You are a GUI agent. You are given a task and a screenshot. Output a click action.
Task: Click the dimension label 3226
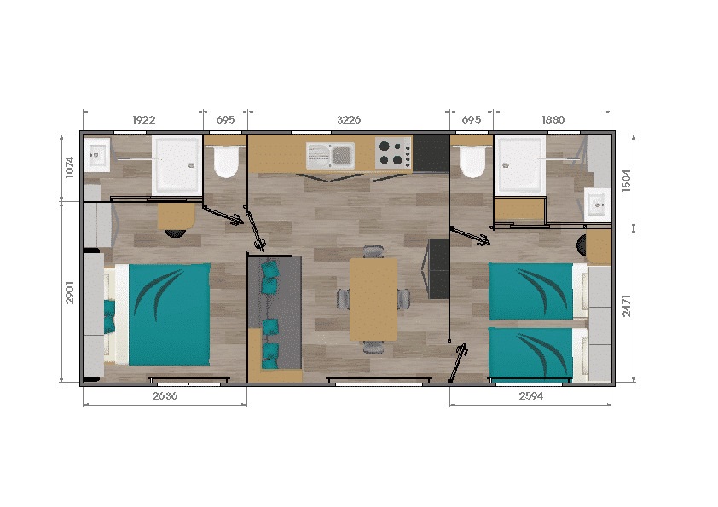pyautogui.click(x=348, y=120)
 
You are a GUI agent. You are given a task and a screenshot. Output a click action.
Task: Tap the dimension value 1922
pyautogui.click(x=142, y=120)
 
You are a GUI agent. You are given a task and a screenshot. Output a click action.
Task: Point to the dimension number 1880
pyautogui.click(x=553, y=120)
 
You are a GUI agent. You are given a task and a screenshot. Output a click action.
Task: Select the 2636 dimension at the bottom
pyautogui.click(x=164, y=395)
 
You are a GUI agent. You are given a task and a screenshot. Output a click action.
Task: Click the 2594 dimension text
pyautogui.click(x=530, y=395)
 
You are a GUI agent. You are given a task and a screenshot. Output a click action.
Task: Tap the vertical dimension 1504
pyautogui.click(x=627, y=181)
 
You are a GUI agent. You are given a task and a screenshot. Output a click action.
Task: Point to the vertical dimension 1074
pyautogui.click(x=69, y=167)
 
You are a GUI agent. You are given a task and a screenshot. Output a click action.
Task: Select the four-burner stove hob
pyautogui.click(x=394, y=153)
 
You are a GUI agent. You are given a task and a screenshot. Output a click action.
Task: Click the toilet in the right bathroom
pyautogui.click(x=471, y=159)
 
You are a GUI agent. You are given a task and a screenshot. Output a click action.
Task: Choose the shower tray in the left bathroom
pyautogui.click(x=177, y=164)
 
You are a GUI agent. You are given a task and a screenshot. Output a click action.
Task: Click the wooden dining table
pyautogui.click(x=373, y=298)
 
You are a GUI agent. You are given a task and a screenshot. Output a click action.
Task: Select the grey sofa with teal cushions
pyautogui.click(x=274, y=314)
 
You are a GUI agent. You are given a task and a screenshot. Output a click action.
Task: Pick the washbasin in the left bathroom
pyautogui.click(x=96, y=155)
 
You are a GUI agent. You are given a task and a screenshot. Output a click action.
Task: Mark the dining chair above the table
pyautogui.click(x=373, y=251)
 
